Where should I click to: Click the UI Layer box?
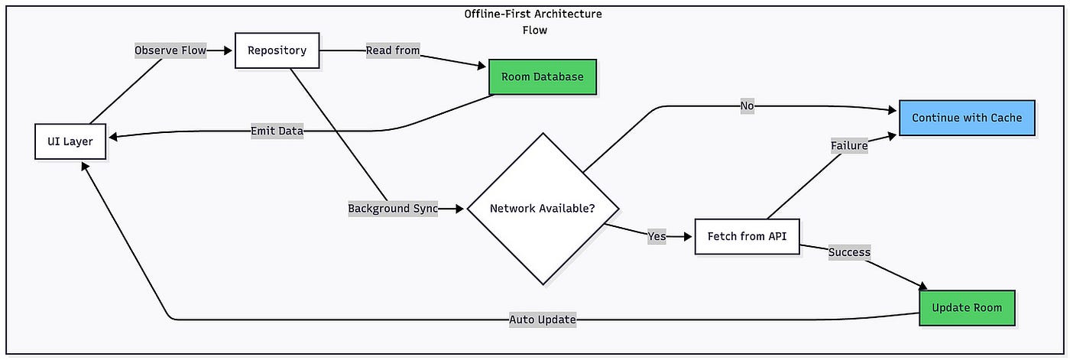point(70,141)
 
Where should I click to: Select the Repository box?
point(277,50)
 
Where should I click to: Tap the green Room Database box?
point(543,77)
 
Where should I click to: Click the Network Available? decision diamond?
point(543,209)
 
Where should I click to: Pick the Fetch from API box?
point(747,236)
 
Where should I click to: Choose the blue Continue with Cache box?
point(968,118)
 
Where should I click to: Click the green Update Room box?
point(968,308)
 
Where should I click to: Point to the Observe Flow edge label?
point(170,50)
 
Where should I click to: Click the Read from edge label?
point(393,50)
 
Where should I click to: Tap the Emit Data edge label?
point(277,131)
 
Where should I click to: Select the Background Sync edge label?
point(393,209)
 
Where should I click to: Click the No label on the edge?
point(747,105)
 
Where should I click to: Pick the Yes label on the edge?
point(657,236)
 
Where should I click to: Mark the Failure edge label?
point(849,146)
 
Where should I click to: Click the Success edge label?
point(849,252)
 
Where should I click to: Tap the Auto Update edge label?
point(543,319)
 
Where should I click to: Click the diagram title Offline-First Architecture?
point(533,14)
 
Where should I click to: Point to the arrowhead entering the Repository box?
point(228,50)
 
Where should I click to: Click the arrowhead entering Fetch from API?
point(687,236)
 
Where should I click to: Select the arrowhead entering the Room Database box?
point(481,66)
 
